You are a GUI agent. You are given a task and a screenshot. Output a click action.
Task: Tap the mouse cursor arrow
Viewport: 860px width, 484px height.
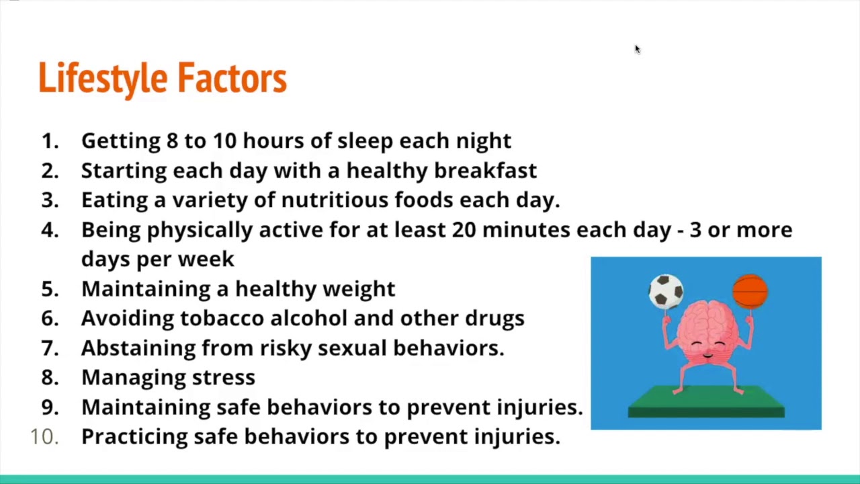pyautogui.click(x=637, y=49)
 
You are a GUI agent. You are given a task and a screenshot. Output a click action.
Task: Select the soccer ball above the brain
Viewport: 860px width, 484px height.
pyautogui.click(x=666, y=291)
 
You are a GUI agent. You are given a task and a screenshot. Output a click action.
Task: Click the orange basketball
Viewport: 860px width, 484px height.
pyautogui.click(x=750, y=292)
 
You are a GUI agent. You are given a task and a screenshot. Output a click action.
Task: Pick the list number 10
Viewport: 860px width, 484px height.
pyautogui.click(x=44, y=436)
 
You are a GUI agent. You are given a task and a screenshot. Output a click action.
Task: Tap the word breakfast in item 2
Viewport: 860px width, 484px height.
pyautogui.click(x=485, y=171)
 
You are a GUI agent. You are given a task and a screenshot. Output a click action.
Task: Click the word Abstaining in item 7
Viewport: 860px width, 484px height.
pyautogui.click(x=138, y=348)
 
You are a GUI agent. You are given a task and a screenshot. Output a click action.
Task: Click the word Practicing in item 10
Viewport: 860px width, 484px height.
pyautogui.click(x=134, y=437)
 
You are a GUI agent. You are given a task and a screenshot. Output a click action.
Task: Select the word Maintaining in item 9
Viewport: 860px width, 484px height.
pyautogui.click(x=146, y=407)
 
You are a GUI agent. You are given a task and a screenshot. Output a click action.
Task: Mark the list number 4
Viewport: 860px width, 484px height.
pyautogui.click(x=50, y=230)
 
